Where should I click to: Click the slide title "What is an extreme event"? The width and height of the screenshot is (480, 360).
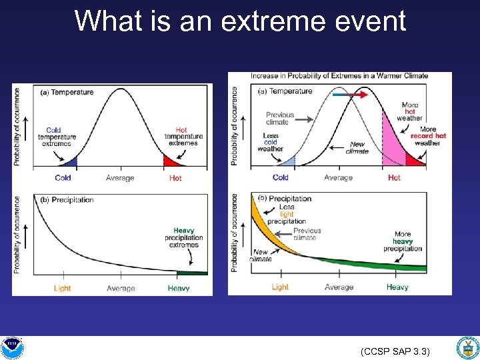click(x=240, y=21)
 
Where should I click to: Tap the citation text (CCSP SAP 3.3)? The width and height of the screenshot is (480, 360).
click(x=395, y=351)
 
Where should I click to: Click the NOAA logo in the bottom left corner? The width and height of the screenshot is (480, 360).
click(x=11, y=347)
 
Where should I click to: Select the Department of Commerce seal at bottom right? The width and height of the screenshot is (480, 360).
click(x=467, y=347)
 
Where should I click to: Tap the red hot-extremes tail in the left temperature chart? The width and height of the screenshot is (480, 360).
click(x=171, y=161)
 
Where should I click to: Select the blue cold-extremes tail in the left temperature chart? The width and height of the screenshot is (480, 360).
click(x=69, y=161)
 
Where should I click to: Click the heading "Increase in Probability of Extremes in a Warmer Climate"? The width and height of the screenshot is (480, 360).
click(x=339, y=76)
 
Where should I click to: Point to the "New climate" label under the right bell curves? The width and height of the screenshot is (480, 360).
click(x=357, y=147)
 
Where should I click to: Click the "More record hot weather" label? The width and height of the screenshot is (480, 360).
click(x=428, y=136)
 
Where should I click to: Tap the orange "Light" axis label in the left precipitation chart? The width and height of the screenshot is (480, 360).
click(x=63, y=288)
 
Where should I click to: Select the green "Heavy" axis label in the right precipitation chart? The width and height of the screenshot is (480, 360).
click(x=397, y=287)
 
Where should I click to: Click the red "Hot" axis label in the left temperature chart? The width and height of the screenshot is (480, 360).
click(x=175, y=178)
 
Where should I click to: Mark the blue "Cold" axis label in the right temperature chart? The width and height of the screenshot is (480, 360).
click(x=281, y=177)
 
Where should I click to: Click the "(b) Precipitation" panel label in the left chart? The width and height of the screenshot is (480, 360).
click(x=66, y=200)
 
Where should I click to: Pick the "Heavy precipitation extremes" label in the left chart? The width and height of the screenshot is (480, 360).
click(x=183, y=237)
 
